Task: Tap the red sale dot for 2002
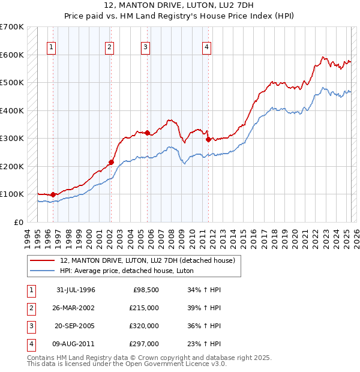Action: tap(111, 161)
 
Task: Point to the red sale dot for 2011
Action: tap(208, 139)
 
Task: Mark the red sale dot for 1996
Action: tap(53, 194)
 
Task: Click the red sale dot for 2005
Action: tap(147, 133)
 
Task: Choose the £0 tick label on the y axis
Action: tap(18, 222)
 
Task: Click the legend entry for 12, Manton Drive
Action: tap(150, 260)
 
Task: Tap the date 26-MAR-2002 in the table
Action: tap(75, 308)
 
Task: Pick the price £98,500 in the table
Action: tap(145, 290)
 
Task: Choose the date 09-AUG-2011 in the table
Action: tap(75, 344)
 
